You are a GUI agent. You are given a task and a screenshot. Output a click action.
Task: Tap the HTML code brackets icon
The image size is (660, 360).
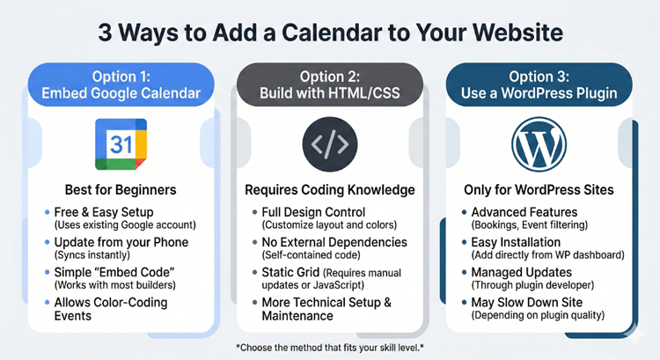click(x=329, y=145)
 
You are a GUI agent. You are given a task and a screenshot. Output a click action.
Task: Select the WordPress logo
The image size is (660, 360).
click(x=538, y=145)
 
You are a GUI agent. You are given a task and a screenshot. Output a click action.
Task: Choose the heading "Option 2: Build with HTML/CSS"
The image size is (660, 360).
click(x=328, y=84)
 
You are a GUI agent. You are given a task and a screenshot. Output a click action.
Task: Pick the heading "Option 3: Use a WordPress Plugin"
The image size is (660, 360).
click(x=539, y=84)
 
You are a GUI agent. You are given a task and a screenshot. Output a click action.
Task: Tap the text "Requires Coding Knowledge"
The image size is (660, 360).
click(x=329, y=189)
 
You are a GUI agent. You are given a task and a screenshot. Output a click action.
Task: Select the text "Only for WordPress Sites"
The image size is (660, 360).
click(x=539, y=189)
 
